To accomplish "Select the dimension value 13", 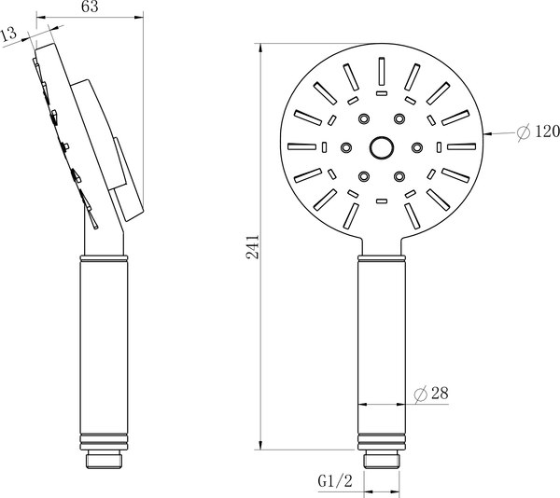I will (10, 35).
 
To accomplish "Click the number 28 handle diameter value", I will (440, 395).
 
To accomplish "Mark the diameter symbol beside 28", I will (421, 395).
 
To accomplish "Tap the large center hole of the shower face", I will (381, 147).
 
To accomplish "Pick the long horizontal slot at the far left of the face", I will (304, 147).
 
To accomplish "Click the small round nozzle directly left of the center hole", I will (347, 147).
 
